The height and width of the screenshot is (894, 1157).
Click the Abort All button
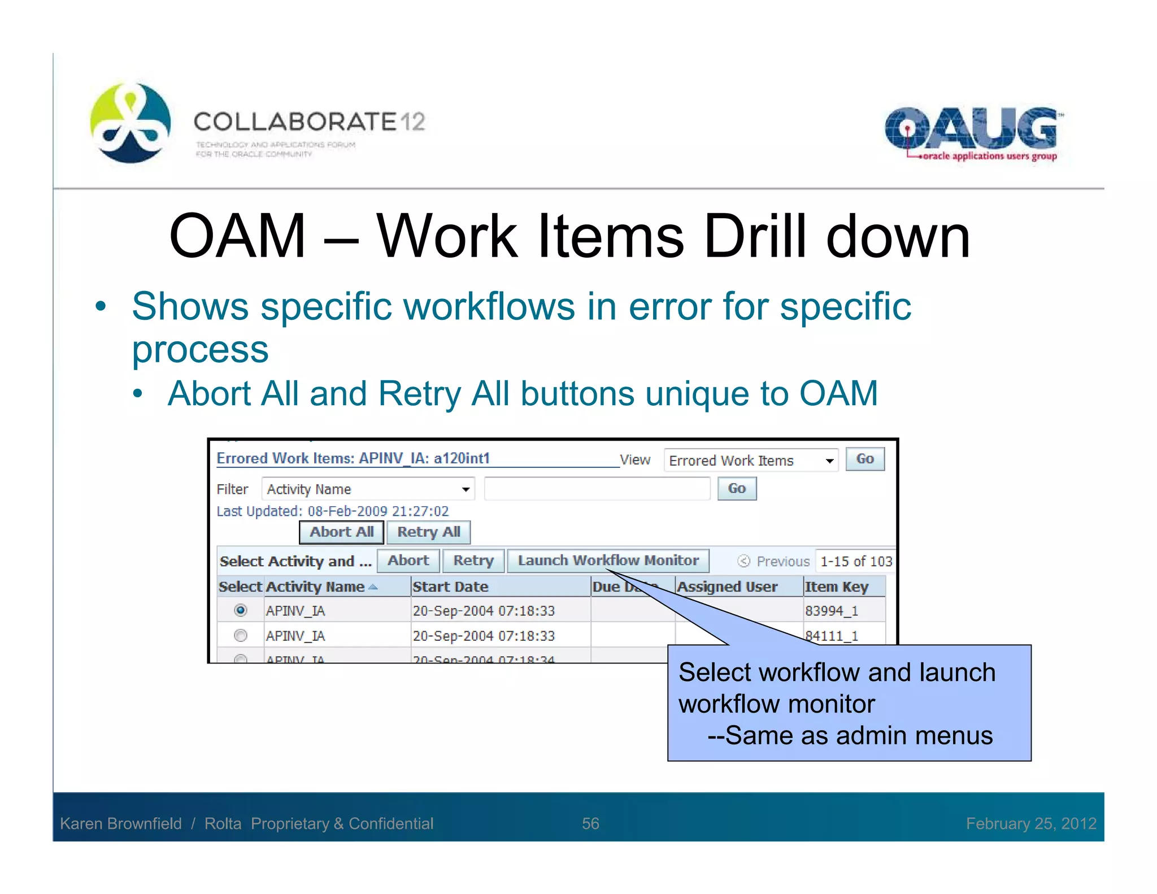tap(341, 532)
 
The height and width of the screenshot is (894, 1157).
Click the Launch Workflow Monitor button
tap(608, 561)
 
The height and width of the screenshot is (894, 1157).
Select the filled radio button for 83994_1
tap(241, 610)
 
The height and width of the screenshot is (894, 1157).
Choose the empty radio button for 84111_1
tap(241, 636)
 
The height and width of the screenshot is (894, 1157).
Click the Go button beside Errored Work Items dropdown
tap(864, 459)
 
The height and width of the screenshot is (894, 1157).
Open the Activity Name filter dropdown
tap(466, 489)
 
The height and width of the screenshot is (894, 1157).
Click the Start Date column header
tap(450, 587)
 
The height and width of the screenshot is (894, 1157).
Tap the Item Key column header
tap(836, 587)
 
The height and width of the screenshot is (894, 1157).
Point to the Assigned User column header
tap(727, 587)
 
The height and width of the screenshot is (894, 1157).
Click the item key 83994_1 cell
tap(831, 611)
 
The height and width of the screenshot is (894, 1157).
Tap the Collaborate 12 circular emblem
tap(131, 123)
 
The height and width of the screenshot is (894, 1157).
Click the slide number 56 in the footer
tap(590, 823)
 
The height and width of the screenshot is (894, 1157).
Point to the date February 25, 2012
tap(1030, 823)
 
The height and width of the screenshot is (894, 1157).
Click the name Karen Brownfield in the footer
tap(121, 823)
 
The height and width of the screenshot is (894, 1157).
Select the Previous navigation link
tap(782, 561)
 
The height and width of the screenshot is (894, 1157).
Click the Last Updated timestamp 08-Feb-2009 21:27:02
tap(377, 511)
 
